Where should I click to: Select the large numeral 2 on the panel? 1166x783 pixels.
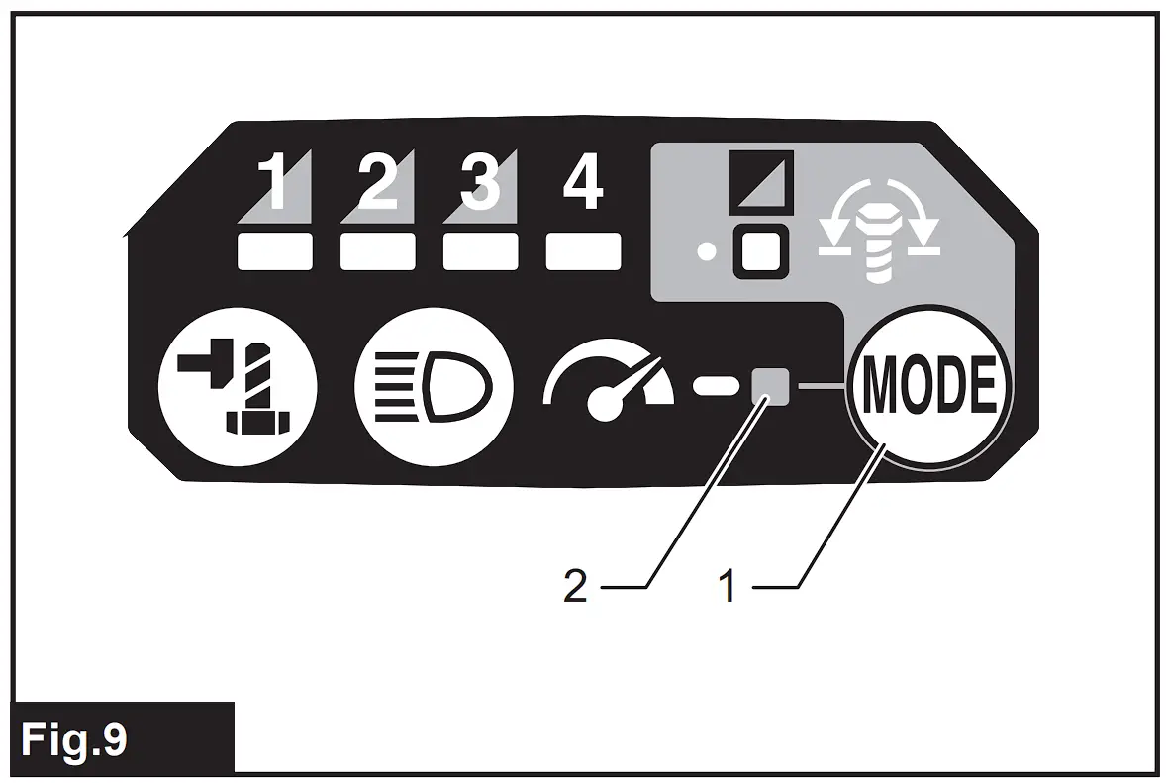click(x=377, y=184)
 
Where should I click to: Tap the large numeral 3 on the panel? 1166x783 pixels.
click(x=480, y=184)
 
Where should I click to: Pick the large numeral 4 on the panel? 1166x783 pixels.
click(x=582, y=184)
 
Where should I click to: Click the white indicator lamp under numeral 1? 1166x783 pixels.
click(x=275, y=251)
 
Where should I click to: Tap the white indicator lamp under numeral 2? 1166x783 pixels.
click(x=377, y=251)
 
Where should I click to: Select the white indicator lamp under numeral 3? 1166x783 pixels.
click(x=480, y=251)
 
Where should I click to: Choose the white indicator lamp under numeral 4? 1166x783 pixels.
click(x=583, y=251)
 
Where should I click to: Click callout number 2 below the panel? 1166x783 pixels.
click(x=575, y=588)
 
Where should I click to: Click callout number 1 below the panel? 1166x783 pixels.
click(x=729, y=588)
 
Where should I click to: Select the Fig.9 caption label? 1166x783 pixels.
click(x=75, y=738)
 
